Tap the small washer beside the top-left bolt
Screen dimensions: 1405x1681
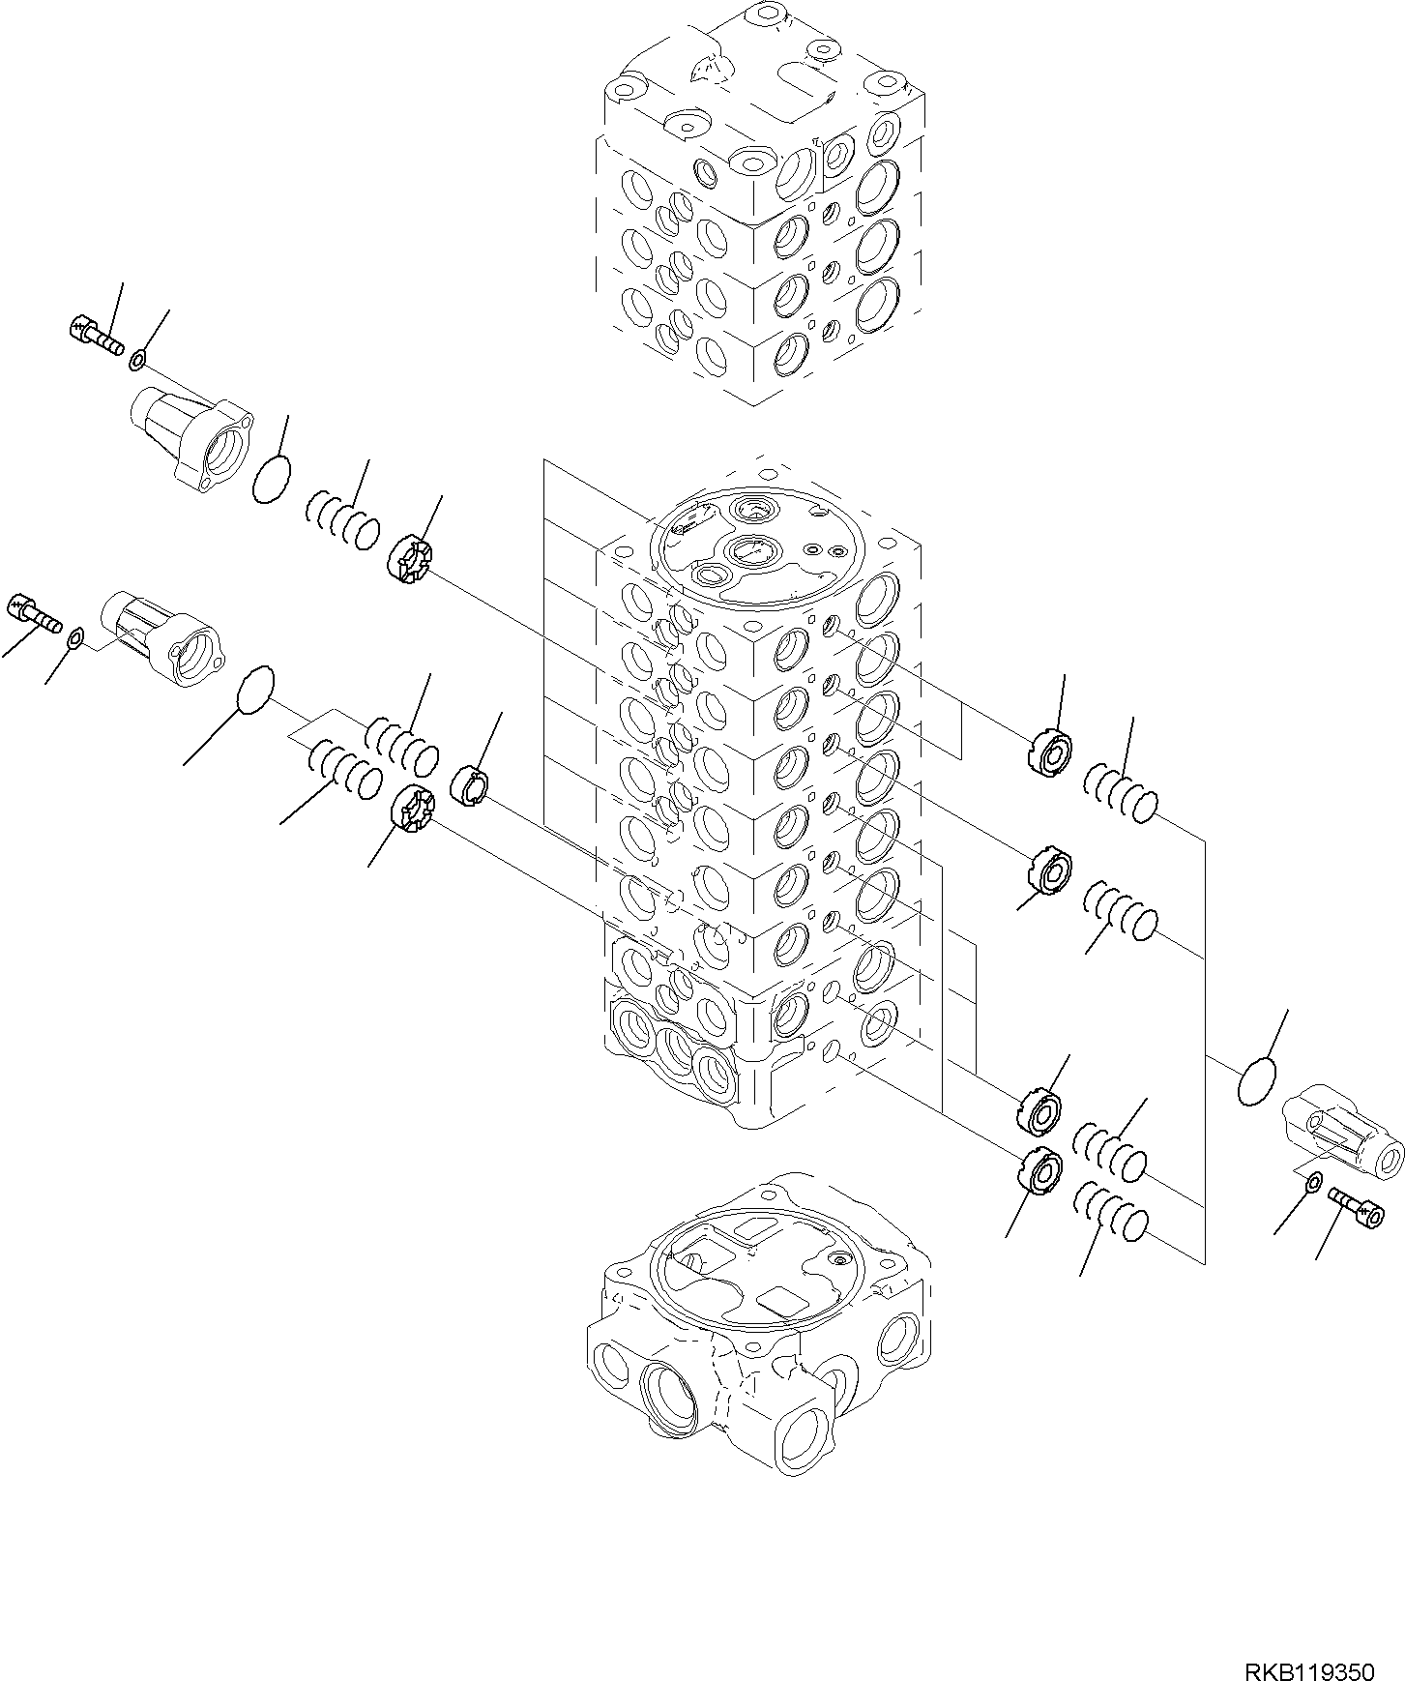(x=138, y=362)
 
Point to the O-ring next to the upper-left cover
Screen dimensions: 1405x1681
(x=271, y=479)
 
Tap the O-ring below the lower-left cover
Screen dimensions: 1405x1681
(x=255, y=691)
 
